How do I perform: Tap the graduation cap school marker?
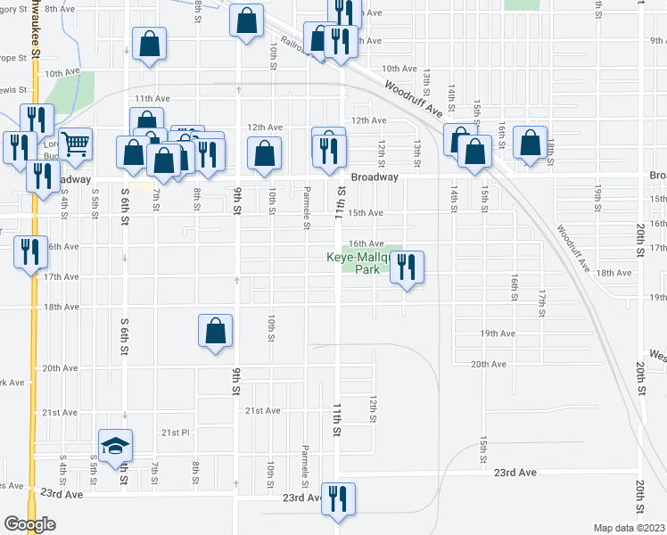point(114,448)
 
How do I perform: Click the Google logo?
point(29,524)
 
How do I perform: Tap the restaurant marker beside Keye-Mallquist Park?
point(407,267)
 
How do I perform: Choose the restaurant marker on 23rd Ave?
point(338,498)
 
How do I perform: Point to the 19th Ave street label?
point(498,333)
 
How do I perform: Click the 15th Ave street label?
point(365,213)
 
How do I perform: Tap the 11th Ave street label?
point(152,98)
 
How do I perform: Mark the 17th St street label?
point(541,303)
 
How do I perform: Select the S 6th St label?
point(125,197)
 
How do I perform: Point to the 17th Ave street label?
point(62,277)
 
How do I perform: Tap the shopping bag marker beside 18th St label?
point(531,143)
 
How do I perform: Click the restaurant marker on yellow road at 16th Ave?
point(31,252)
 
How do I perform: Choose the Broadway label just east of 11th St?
point(375,177)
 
